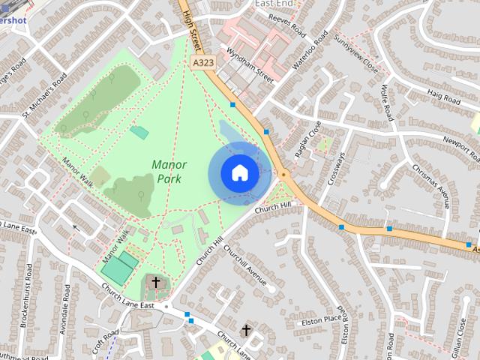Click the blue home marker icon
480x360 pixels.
239,173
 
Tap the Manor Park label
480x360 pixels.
169,171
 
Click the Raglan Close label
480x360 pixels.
307,139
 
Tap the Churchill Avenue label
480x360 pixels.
245,265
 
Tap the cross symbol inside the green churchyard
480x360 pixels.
156,282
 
